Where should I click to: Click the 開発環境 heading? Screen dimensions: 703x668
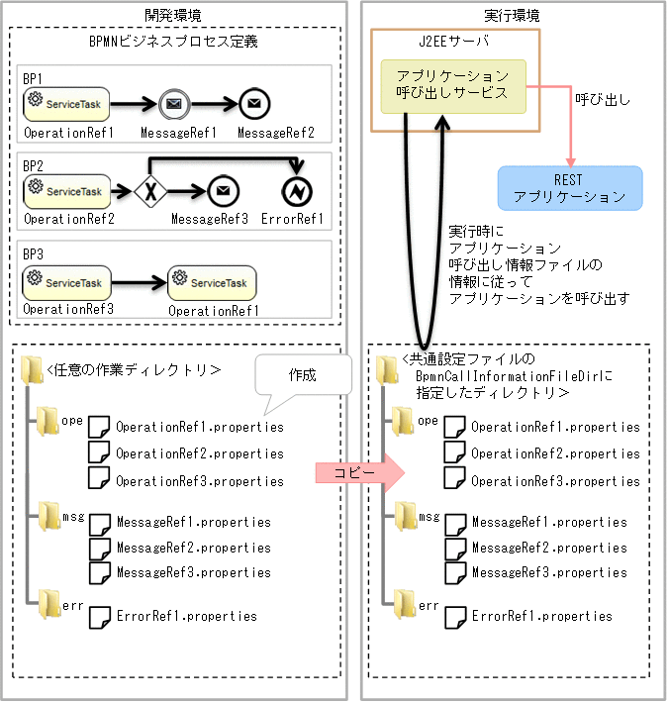pyautogui.click(x=174, y=15)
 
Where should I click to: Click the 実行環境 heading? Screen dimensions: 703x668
pyautogui.click(x=512, y=15)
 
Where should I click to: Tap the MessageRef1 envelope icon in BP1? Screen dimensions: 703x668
pyautogui.click(x=173, y=102)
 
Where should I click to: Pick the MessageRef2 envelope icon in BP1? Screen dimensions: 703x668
pyautogui.click(x=254, y=102)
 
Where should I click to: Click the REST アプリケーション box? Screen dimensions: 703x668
pyautogui.click(x=569, y=188)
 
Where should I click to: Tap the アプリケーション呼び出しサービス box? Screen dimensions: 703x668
pyautogui.click(x=452, y=84)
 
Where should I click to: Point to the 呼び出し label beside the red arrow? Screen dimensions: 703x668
pyautogui.click(x=603, y=100)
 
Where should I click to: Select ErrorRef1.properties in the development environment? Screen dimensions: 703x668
pyautogui.click(x=186, y=615)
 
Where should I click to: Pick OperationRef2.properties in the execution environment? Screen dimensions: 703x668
pyautogui.click(x=555, y=453)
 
